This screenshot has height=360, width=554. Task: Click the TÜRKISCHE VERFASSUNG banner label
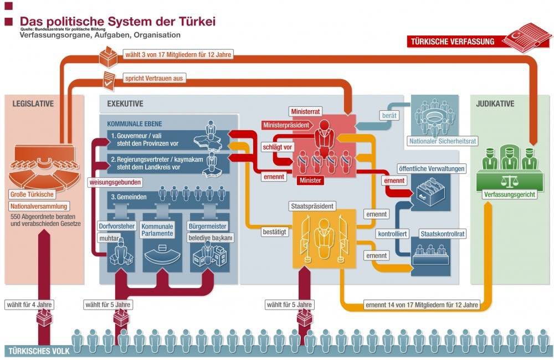[454, 41]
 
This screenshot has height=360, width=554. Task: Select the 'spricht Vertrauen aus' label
[153, 79]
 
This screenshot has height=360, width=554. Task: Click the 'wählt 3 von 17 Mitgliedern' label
[176, 55]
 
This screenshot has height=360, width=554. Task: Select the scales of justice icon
[506, 181]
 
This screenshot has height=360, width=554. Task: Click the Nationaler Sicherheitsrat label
[434, 141]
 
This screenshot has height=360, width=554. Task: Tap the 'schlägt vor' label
[276, 147]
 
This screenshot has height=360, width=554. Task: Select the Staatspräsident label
[312, 205]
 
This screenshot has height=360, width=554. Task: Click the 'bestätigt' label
[275, 232]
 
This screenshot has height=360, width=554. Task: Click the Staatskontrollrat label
[442, 234]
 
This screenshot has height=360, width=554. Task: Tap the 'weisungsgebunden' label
[115, 182]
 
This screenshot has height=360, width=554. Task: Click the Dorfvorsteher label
[116, 226]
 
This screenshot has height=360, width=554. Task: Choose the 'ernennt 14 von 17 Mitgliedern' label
[422, 305]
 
